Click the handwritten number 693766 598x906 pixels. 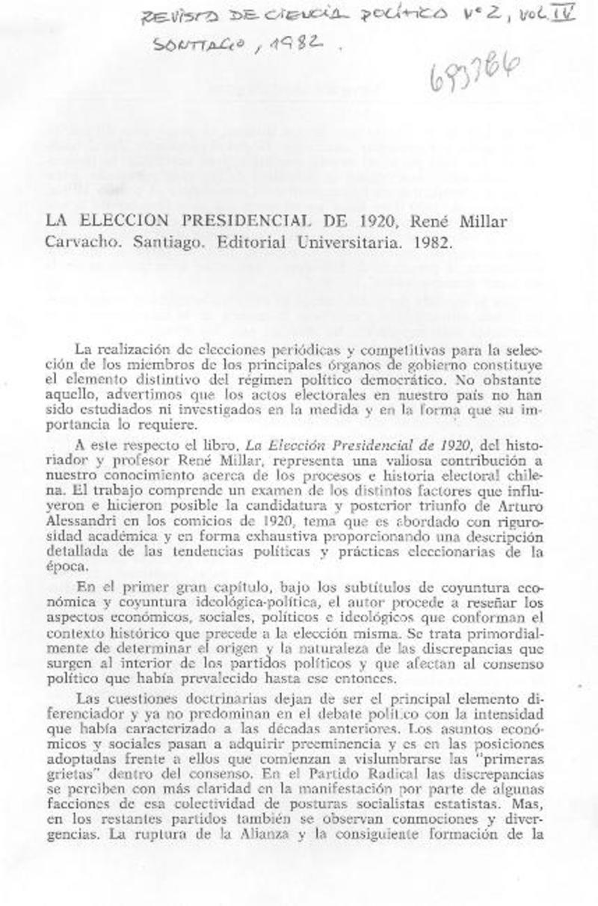point(474,73)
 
